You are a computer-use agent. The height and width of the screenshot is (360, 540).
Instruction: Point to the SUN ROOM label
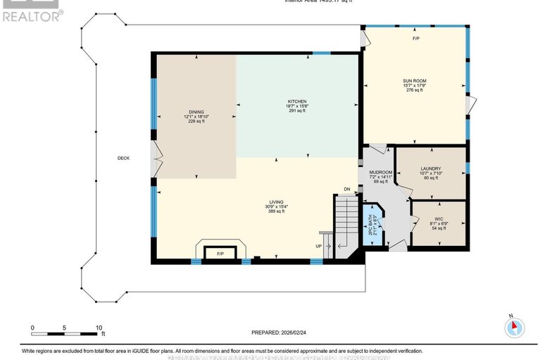415,81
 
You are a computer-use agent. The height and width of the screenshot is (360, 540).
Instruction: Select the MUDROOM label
380,172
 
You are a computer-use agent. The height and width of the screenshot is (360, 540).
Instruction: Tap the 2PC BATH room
372,225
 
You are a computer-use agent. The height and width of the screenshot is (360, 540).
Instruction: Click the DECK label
124,159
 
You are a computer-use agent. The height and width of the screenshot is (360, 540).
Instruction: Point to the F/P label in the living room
220,254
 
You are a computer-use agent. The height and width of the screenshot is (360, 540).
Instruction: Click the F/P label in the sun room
415,39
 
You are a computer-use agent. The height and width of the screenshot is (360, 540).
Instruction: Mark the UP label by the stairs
320,247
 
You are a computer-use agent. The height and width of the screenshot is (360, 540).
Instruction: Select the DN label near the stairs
346,189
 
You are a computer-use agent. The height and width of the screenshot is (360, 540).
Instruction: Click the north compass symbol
515,326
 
